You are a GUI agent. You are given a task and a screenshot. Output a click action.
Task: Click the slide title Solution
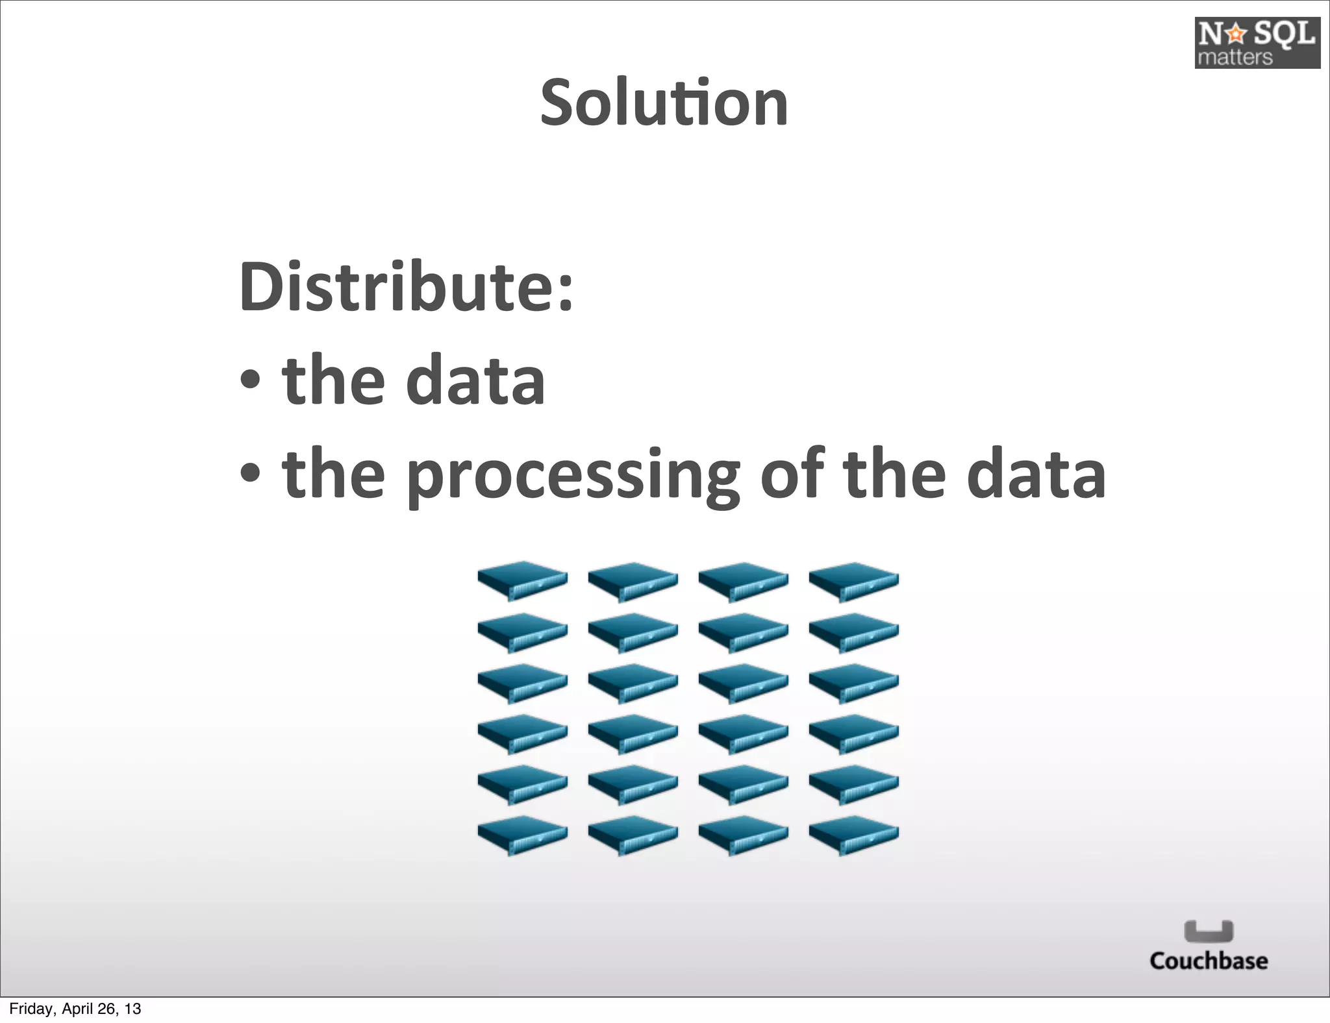[664, 103]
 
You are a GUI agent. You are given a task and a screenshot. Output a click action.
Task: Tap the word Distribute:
[407, 286]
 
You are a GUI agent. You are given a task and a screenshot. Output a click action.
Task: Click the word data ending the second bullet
[1036, 474]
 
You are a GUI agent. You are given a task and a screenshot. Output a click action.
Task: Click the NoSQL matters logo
[1257, 43]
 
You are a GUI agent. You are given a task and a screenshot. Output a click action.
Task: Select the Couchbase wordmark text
[1208, 961]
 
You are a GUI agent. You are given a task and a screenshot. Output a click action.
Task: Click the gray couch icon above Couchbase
[1209, 931]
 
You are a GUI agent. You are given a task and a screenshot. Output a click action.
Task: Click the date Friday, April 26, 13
[75, 1009]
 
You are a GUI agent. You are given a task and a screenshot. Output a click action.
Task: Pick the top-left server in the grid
[522, 580]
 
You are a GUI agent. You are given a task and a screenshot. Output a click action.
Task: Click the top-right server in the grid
[853, 580]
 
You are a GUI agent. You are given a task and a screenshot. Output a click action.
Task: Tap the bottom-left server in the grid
[522, 834]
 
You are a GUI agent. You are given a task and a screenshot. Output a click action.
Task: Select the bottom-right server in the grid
[853, 834]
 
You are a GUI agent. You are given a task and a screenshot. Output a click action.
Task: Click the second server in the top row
[633, 580]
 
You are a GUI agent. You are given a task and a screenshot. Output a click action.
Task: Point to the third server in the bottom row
[743, 834]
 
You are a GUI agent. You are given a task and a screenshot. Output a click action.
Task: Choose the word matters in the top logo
[1235, 57]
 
